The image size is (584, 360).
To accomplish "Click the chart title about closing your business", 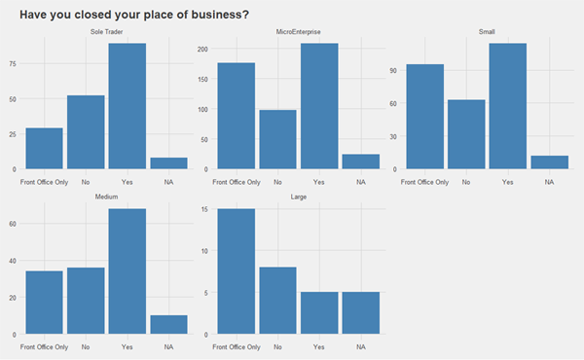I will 133,15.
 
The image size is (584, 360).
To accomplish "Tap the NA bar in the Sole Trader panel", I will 168,163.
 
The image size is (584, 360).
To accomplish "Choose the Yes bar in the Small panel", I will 507,106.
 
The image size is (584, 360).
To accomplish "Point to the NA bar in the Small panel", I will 549,162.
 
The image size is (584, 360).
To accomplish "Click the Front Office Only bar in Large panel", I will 236,271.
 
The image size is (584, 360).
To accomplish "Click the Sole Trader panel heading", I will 107,31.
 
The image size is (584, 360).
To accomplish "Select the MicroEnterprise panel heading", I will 298,31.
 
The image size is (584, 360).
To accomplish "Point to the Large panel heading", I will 298,197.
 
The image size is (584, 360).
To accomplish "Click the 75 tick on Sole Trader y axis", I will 13,64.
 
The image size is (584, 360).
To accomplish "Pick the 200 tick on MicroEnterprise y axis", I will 202,49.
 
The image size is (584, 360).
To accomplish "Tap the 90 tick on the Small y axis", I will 393,70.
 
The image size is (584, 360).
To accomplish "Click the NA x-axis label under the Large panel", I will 361,346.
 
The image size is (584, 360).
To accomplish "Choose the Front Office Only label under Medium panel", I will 45,346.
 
